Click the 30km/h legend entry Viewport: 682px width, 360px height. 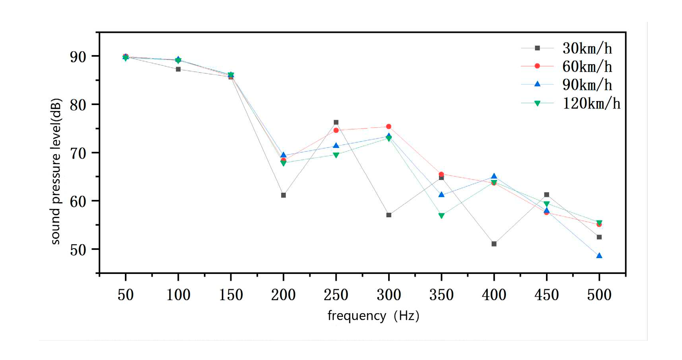587,48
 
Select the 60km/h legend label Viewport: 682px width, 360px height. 587,67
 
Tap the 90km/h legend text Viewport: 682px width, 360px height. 587,85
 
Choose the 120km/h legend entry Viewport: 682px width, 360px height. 591,103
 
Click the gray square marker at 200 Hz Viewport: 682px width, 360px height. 284,195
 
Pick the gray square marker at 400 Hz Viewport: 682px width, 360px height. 494,244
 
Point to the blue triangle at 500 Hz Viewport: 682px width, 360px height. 599,256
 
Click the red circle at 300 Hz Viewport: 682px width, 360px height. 389,126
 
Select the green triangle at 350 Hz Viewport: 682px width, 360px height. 441,216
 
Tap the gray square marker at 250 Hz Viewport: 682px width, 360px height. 336,123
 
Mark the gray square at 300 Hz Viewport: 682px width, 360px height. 389,215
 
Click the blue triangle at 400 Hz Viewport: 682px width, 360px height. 494,176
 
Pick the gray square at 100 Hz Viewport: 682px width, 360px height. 178,69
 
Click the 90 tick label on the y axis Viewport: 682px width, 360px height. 78,57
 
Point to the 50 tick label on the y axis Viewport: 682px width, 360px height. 78,250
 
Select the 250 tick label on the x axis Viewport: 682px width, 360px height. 336,295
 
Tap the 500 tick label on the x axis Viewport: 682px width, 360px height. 599,295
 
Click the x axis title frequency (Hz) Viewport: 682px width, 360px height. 373,316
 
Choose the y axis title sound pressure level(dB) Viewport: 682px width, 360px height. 56,171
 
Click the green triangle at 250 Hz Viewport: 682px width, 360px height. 336,155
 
